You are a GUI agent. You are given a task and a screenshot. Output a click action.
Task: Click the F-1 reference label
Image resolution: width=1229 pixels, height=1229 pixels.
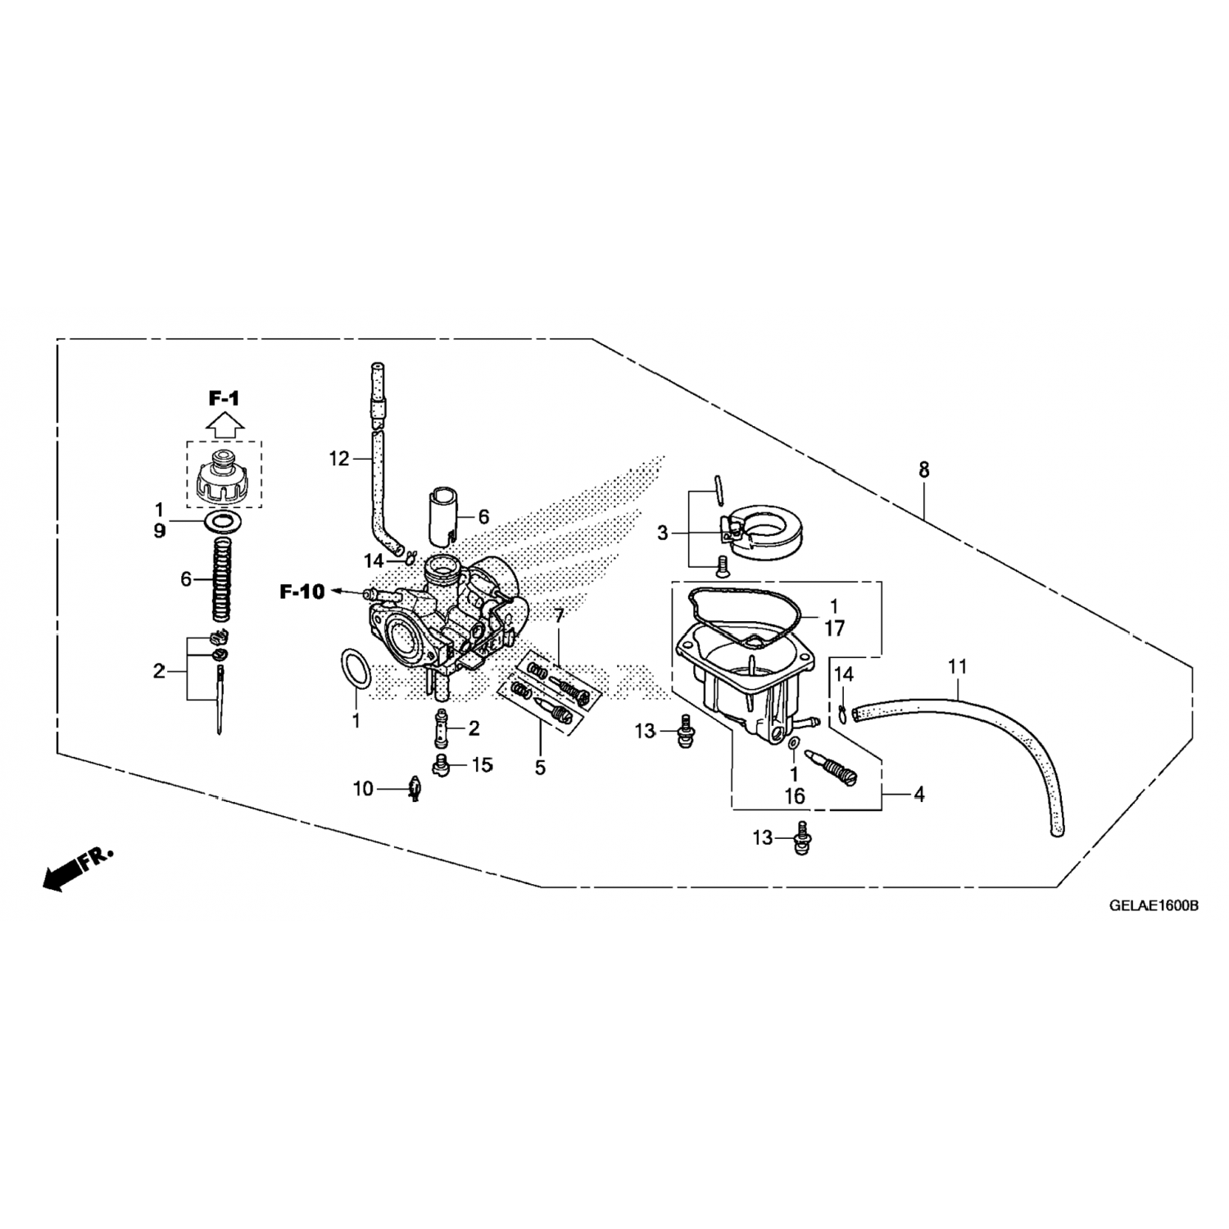pos(223,399)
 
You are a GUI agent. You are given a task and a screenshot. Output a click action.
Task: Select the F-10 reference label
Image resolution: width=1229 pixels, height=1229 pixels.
pos(302,592)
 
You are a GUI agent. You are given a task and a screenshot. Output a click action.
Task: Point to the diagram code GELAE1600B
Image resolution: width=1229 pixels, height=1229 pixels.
pos(1154,906)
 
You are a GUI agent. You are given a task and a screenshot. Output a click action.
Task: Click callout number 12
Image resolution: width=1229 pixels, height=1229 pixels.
pos(339,459)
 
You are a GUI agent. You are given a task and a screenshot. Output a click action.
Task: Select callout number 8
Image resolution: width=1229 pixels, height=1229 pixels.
pos(924,470)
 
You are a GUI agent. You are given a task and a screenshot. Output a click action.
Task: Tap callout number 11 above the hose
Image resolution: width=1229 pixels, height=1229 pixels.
pos(958,668)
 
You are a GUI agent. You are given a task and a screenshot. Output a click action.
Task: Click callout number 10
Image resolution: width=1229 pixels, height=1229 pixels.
pos(363,789)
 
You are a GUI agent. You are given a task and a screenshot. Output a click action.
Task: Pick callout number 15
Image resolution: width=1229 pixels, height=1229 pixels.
pos(482,765)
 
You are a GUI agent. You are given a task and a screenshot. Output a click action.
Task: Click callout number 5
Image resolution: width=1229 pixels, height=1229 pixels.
pos(540,768)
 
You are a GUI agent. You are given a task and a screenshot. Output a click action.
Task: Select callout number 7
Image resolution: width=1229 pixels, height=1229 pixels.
pos(560,616)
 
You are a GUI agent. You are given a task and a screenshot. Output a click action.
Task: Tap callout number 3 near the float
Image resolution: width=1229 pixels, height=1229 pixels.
pos(663,533)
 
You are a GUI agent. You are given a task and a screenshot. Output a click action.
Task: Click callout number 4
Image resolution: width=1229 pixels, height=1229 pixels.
pos(919,794)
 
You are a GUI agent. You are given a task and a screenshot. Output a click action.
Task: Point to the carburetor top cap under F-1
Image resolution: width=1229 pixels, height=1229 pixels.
pos(223,477)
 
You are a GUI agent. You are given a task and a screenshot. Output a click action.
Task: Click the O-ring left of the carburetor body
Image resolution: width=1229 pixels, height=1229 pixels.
pos(355,669)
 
